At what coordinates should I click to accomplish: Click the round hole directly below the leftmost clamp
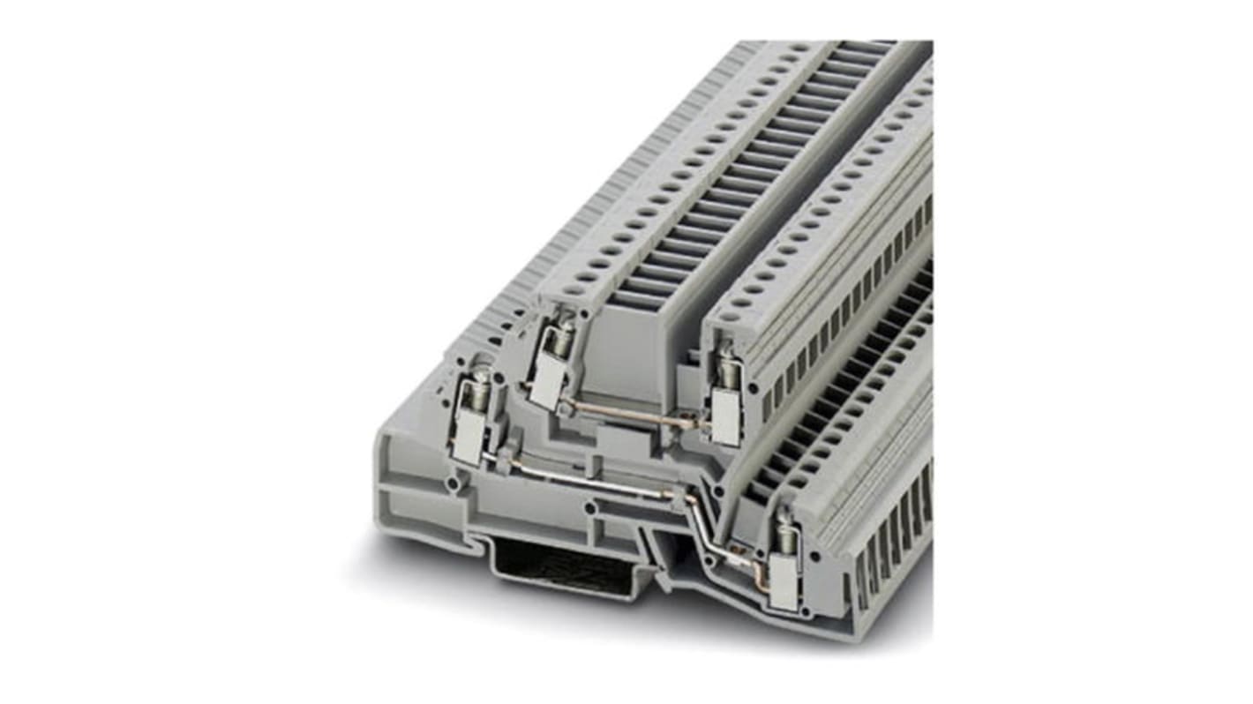pos(453,483)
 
